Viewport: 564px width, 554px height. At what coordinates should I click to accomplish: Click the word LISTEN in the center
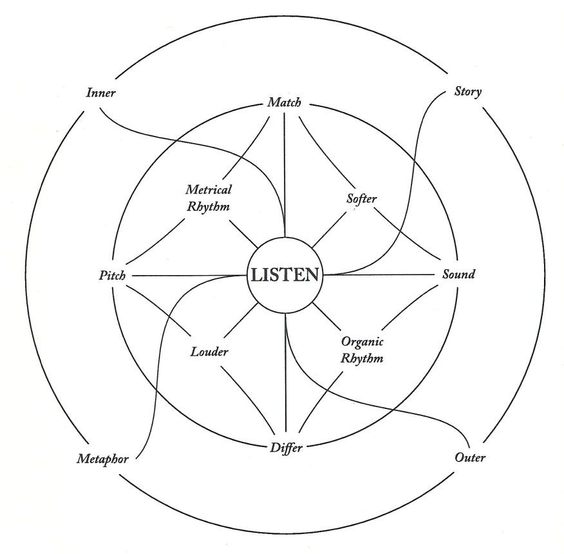tap(284, 276)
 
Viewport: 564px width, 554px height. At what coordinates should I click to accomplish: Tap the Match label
tap(284, 102)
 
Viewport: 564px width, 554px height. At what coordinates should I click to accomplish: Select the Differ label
tap(285, 447)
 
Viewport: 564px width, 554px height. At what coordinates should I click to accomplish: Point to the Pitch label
tap(112, 276)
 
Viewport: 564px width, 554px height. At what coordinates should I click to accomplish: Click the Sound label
tap(458, 275)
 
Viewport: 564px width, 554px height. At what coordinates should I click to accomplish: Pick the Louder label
tap(210, 352)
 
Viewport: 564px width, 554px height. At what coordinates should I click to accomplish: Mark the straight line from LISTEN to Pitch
tap(187, 276)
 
